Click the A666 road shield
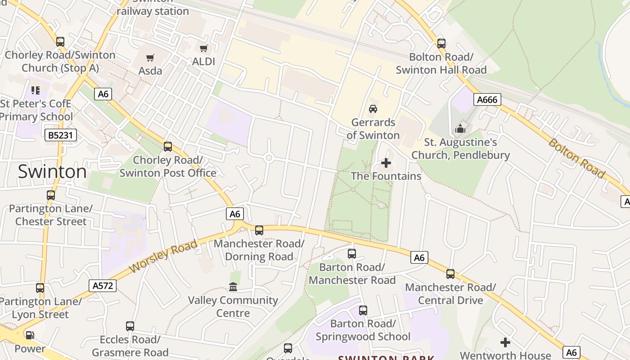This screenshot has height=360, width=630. pos(487,99)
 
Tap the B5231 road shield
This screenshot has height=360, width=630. pos(61,135)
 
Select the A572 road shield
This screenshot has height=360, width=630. pos(103,285)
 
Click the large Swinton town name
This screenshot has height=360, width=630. pos(52,171)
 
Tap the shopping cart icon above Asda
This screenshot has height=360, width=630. pos(150,58)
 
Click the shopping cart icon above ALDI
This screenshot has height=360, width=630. pos(204,48)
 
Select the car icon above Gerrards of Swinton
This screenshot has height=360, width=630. pos(373,108)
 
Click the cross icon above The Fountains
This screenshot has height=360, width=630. pos(386,163)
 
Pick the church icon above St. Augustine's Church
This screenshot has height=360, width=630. pos(460,129)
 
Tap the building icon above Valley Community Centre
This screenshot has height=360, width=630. pos(233,287)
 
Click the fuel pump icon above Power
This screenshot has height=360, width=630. pos(30,335)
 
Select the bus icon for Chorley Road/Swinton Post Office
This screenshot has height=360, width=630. pos(168,146)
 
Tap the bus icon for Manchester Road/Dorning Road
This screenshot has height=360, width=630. pos(259,230)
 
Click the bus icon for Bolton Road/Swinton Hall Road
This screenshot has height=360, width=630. pos(441,44)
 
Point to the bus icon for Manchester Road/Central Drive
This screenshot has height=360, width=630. pos(450,274)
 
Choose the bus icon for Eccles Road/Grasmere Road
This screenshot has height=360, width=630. pos(130,326)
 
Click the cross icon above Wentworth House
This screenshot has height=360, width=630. pos(505,342)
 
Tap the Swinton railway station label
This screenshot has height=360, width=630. pos(153,9)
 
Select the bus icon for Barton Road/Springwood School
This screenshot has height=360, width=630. pos(363,310)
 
